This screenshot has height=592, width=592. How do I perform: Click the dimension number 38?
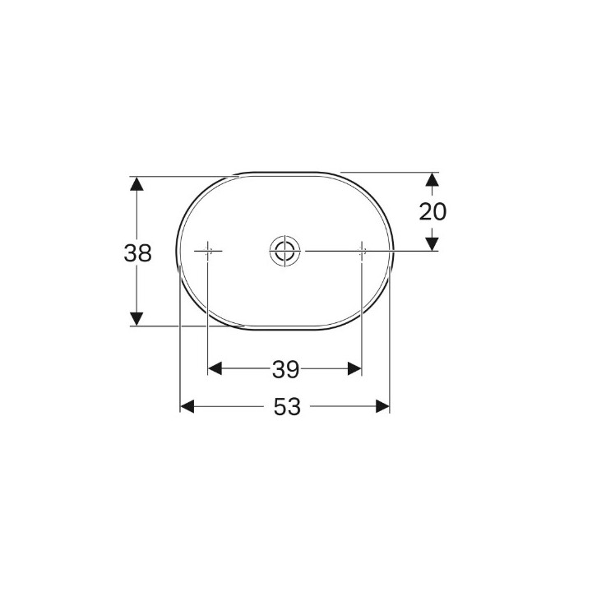click(138, 253)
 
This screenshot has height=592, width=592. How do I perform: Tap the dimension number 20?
click(432, 211)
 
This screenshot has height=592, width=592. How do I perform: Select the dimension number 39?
click(286, 369)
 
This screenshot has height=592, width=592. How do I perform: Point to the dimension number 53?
click(287, 407)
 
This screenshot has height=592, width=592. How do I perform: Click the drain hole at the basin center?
click(285, 250)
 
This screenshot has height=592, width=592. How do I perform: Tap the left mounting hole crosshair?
click(208, 250)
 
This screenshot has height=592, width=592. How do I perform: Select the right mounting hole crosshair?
click(362, 250)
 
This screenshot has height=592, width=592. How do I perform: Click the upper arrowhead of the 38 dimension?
click(136, 184)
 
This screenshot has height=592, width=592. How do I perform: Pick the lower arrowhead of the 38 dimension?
click(136, 319)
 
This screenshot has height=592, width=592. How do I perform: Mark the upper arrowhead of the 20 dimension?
click(432, 179)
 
